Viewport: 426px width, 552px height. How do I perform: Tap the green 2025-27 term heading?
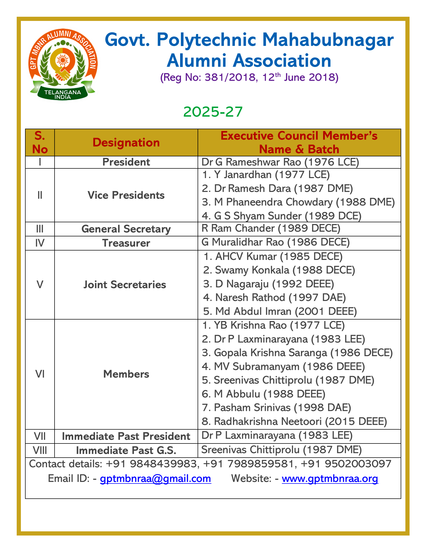click(213, 112)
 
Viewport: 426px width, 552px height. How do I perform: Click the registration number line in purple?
click(249, 77)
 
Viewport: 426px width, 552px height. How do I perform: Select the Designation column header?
click(126, 143)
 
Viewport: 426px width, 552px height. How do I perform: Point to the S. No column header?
click(40, 143)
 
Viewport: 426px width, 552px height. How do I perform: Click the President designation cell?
click(126, 162)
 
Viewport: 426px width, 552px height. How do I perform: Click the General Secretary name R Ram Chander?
click(271, 228)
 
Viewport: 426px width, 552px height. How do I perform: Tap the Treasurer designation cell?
click(126, 243)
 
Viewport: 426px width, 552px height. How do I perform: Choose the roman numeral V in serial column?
click(40, 284)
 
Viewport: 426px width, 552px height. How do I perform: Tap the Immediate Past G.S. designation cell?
click(126, 451)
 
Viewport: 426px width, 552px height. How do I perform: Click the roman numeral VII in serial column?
click(40, 436)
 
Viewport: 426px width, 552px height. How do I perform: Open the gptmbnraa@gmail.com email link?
click(155, 479)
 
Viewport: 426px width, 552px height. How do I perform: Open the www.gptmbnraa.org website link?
click(330, 479)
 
